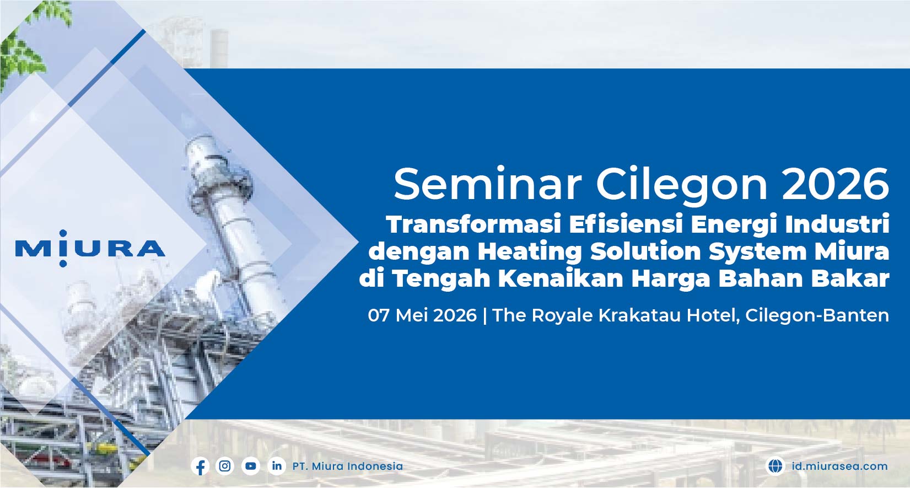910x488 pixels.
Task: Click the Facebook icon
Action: (x=201, y=466)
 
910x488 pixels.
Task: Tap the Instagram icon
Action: (x=225, y=466)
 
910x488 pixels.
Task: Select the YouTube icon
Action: (x=251, y=466)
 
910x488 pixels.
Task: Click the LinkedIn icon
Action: (x=277, y=466)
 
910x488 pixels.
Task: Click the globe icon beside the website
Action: (x=775, y=466)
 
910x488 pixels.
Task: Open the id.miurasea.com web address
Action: (x=839, y=466)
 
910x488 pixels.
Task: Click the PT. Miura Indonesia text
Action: (x=347, y=466)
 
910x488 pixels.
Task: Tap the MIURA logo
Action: (x=90, y=249)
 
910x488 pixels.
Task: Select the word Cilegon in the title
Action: (x=681, y=184)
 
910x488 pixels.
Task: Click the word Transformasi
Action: (x=473, y=224)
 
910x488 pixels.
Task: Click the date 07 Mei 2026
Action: (x=422, y=315)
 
